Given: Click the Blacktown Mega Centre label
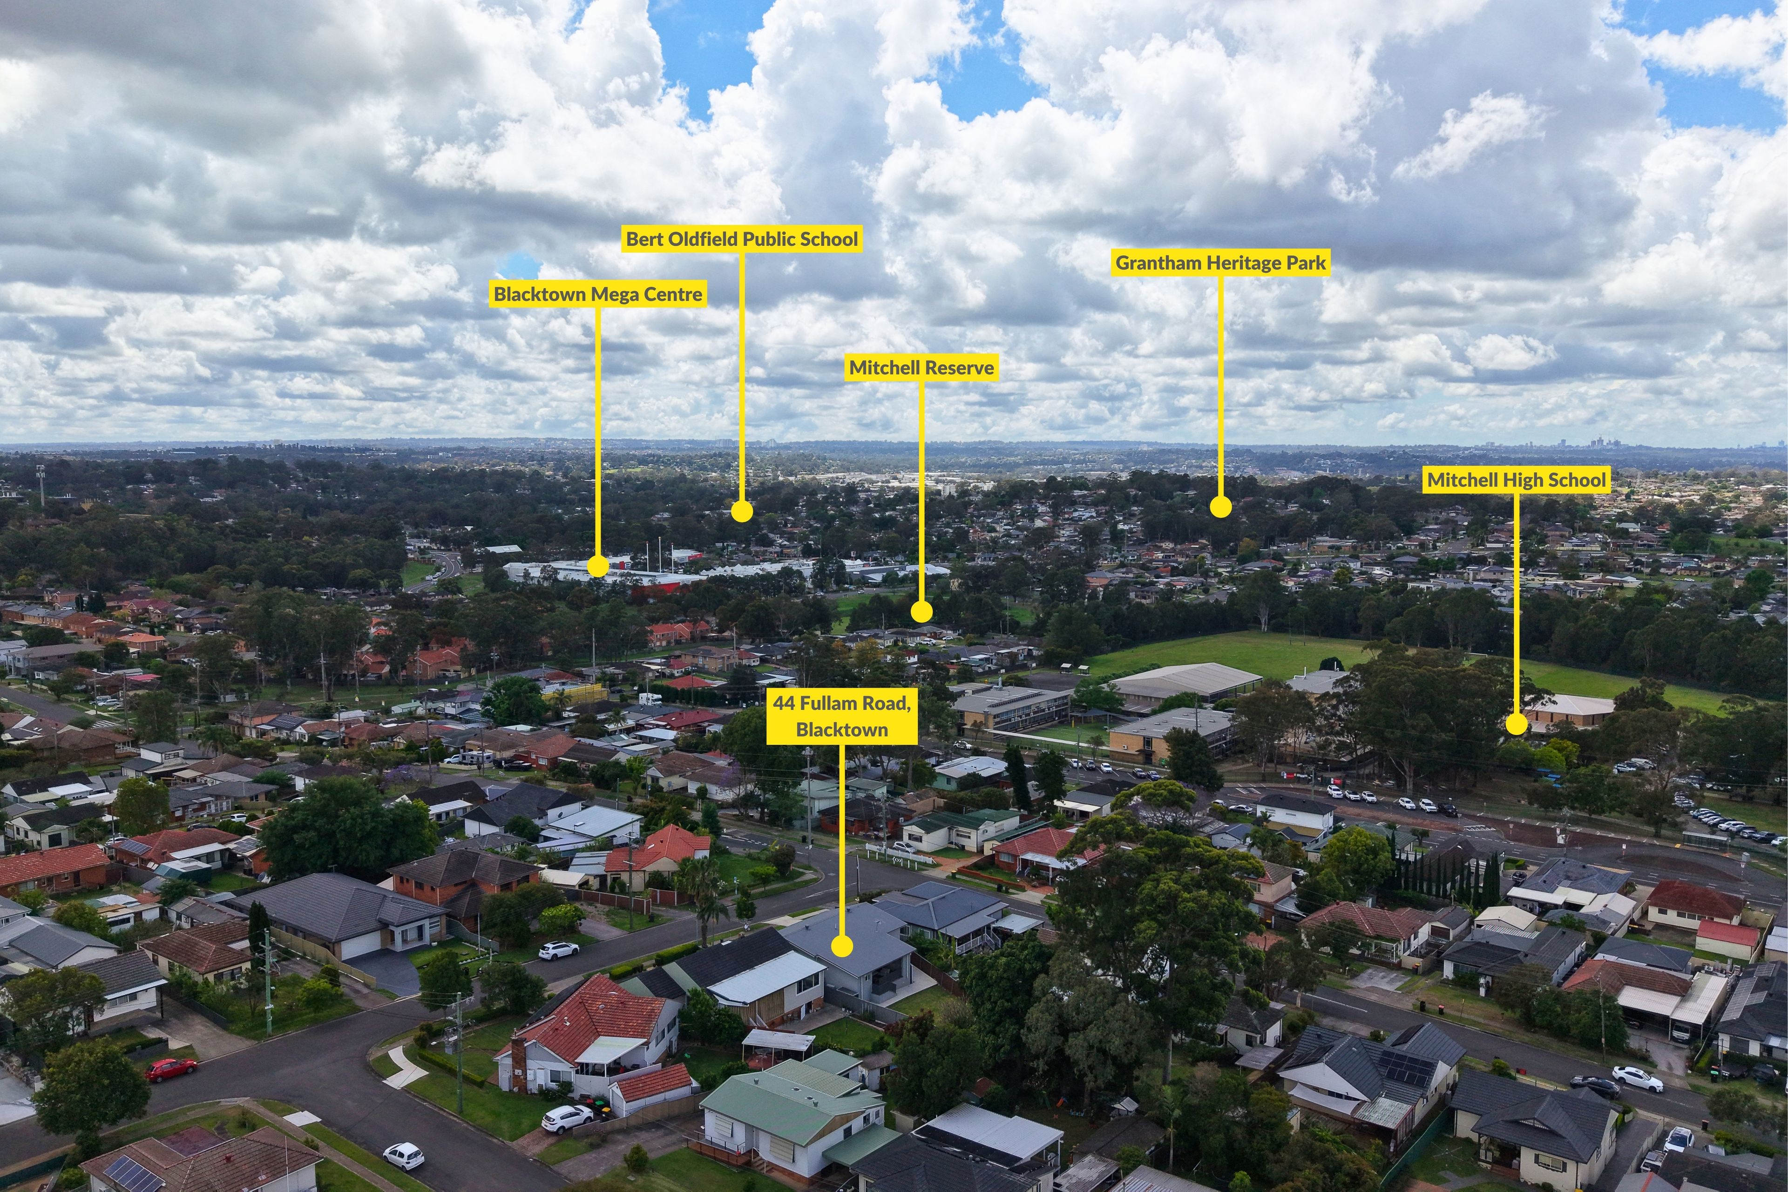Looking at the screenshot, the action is pyautogui.click(x=597, y=294).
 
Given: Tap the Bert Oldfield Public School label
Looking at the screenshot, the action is pyautogui.click(x=742, y=239).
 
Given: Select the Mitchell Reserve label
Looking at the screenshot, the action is pyautogui.click(x=921, y=368).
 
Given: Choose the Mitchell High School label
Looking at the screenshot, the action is pyautogui.click(x=1517, y=480).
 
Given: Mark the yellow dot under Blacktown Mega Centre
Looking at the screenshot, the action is pyautogui.click(x=597, y=566).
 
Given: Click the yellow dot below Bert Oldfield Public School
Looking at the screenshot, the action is pyautogui.click(x=742, y=511).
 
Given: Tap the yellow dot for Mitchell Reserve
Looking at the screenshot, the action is pyautogui.click(x=921, y=611).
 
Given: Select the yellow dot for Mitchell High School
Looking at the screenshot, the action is pyautogui.click(x=1517, y=725).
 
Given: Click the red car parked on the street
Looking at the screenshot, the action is pyautogui.click(x=170, y=1069).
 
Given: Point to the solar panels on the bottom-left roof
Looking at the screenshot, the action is pyautogui.click(x=133, y=1172).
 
